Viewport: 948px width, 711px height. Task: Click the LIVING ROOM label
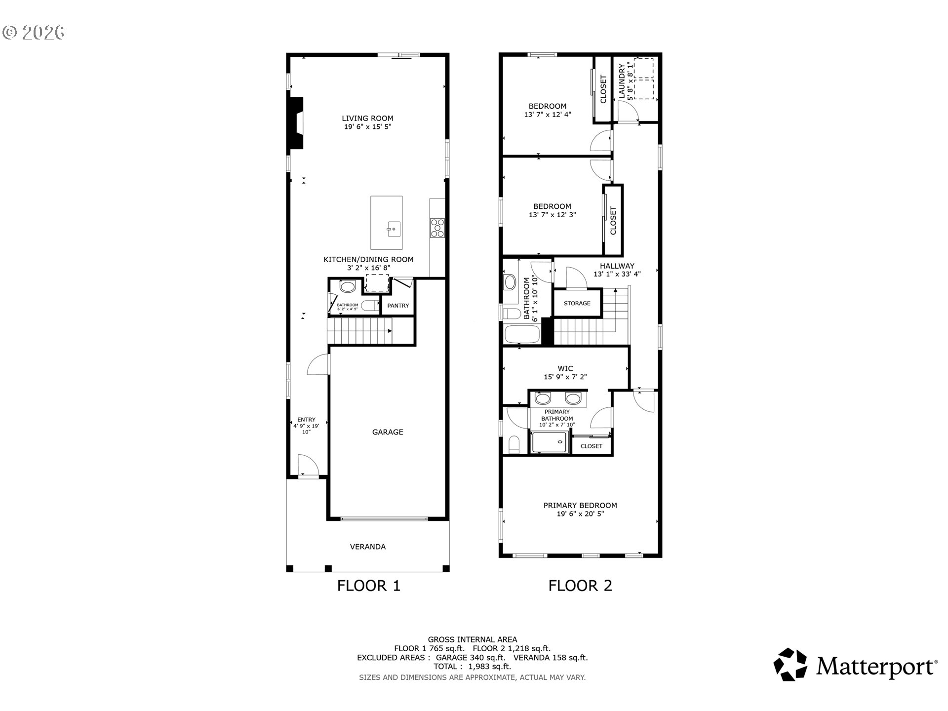(367, 118)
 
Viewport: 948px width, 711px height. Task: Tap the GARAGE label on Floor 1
(388, 432)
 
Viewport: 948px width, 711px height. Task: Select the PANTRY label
(398, 306)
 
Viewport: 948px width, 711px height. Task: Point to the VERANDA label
(368, 547)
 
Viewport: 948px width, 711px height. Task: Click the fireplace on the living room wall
(296, 122)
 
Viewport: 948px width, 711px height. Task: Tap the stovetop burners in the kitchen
(437, 228)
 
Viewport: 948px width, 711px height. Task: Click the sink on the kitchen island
(393, 229)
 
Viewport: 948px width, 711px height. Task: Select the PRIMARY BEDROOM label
(580, 506)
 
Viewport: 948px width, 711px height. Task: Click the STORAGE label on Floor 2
(577, 303)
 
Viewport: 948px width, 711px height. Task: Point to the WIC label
(565, 368)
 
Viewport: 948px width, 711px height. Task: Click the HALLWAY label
(617, 266)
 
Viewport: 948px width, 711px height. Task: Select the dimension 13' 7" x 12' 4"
(548, 115)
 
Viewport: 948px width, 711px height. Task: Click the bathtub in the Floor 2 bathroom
(522, 334)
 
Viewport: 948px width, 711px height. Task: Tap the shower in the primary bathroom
(550, 442)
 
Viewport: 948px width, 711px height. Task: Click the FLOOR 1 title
(368, 586)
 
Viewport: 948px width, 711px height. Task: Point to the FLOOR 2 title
(580, 586)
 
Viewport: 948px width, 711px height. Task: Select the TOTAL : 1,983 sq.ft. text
(472, 667)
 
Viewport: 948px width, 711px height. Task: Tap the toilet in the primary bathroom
(513, 444)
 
